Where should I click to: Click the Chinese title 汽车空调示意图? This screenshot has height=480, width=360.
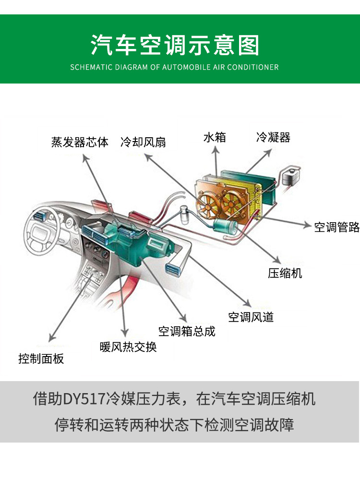175,45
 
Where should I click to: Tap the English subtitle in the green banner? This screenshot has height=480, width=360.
174,67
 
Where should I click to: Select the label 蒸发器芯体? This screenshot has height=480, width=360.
80,142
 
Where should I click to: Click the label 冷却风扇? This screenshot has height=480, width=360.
143,142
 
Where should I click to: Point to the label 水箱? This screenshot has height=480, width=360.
215,138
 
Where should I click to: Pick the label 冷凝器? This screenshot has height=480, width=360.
273,138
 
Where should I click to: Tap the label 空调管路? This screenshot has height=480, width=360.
336,227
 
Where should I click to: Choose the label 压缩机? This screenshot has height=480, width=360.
285,273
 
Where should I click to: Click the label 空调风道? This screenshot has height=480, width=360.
251,317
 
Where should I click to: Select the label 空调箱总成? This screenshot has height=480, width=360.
187,331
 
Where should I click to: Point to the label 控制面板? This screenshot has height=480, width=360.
41,358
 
